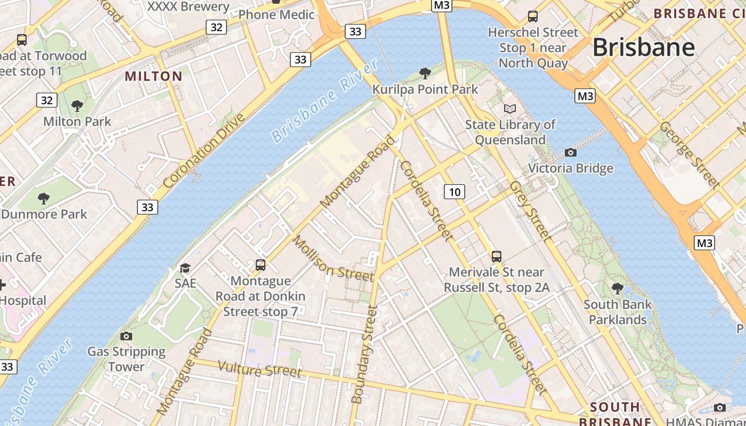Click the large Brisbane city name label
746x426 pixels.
pos(644,47)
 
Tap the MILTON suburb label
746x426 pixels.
pos(153,76)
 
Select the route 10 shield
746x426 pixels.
pos(454,192)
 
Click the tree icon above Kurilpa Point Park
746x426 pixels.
pos(425,73)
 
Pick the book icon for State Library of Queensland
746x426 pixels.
pos(510,109)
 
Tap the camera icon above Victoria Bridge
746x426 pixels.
pos(570,153)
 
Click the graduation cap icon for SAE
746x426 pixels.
pos(185,268)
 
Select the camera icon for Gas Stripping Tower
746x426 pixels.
pos(126,336)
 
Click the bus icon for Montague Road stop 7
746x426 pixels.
pos(261,265)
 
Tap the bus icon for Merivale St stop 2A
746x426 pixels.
pos(497,257)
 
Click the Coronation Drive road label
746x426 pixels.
pos(204,151)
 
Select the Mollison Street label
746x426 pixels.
pos(333,259)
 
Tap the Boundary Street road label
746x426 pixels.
pos(365,354)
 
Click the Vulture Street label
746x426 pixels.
pos(260,369)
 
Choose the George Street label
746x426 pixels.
pos(689,154)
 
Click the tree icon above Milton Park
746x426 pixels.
pos(77,106)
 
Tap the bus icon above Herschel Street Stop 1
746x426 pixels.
pos(532,17)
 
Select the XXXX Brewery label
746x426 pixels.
pos(188,6)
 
